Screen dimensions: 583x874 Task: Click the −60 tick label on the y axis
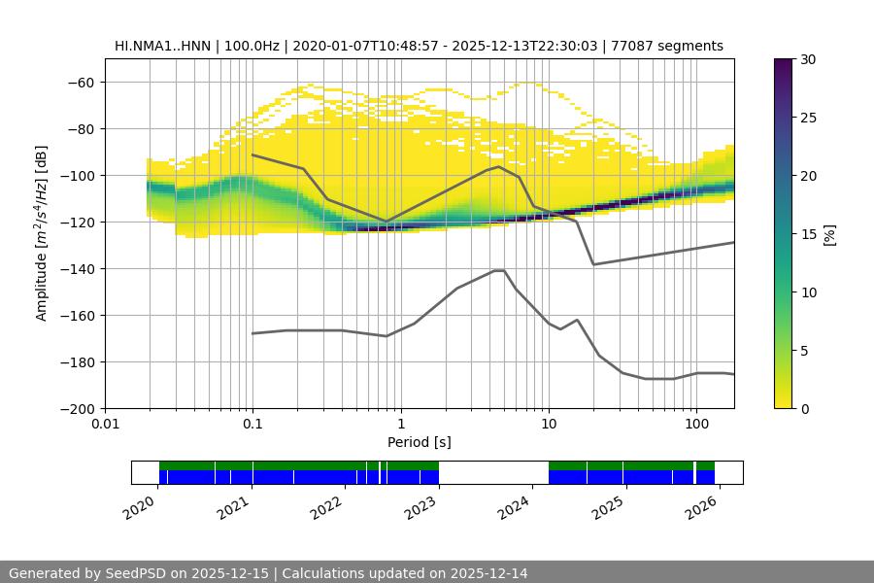coord(80,82)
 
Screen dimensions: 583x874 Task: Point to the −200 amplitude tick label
coord(76,408)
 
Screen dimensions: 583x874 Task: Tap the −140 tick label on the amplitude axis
coord(76,268)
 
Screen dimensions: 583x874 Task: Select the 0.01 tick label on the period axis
coord(105,425)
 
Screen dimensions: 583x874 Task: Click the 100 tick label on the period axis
coord(696,425)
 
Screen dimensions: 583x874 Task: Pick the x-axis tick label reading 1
coord(400,425)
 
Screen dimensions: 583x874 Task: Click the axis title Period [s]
coord(420,442)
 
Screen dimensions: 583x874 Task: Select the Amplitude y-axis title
coord(42,233)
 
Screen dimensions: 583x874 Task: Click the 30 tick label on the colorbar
coord(808,59)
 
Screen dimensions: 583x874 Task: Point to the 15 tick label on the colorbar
coord(808,234)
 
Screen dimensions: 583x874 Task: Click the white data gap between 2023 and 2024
coord(493,472)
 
